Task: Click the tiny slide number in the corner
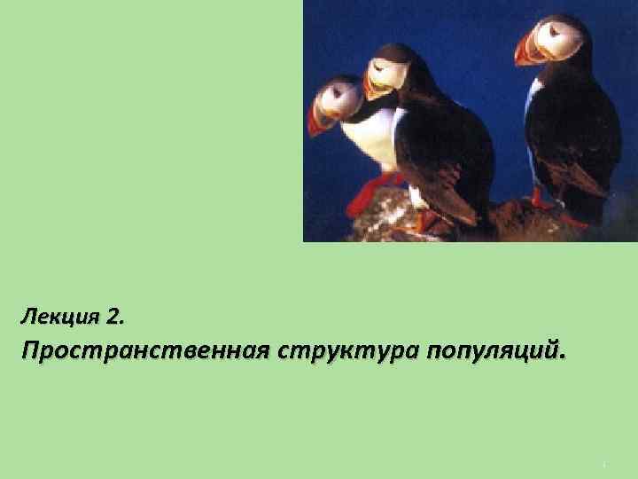[602, 463]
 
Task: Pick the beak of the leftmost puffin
[317, 118]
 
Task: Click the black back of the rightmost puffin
[580, 124]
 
